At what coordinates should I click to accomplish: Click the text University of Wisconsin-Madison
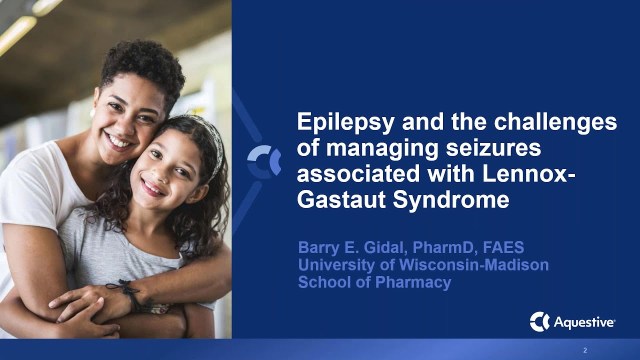pos(423,265)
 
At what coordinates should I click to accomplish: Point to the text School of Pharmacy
pos(374,282)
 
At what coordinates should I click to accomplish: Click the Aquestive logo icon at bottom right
pos(539,321)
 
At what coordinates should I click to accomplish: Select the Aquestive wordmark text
pos(584,323)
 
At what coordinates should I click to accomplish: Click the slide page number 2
pos(585,350)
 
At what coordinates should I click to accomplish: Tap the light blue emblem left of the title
pos(264,161)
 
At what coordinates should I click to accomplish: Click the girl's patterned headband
pos(216,142)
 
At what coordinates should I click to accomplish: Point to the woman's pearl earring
pos(93,113)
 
